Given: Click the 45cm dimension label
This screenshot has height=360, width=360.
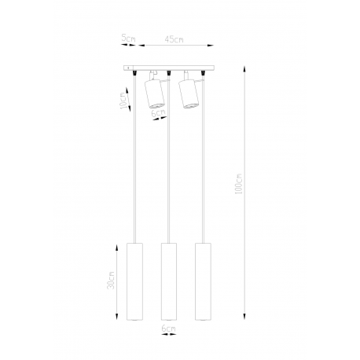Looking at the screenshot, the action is [174, 39].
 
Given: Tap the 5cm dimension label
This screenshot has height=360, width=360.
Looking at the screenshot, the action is [128, 39].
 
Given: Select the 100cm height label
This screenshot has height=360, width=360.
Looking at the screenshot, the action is [239, 183].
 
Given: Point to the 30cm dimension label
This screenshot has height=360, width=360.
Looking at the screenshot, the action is [111, 280].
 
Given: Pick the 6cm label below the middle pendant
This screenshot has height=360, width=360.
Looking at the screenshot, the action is [168, 329].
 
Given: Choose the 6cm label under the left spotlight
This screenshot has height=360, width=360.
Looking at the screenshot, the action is [159, 113].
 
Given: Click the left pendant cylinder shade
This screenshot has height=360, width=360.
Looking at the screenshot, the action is [134, 281].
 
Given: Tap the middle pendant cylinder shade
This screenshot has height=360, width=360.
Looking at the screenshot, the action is [169, 281].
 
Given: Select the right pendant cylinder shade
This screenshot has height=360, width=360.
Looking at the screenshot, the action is [203, 281].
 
